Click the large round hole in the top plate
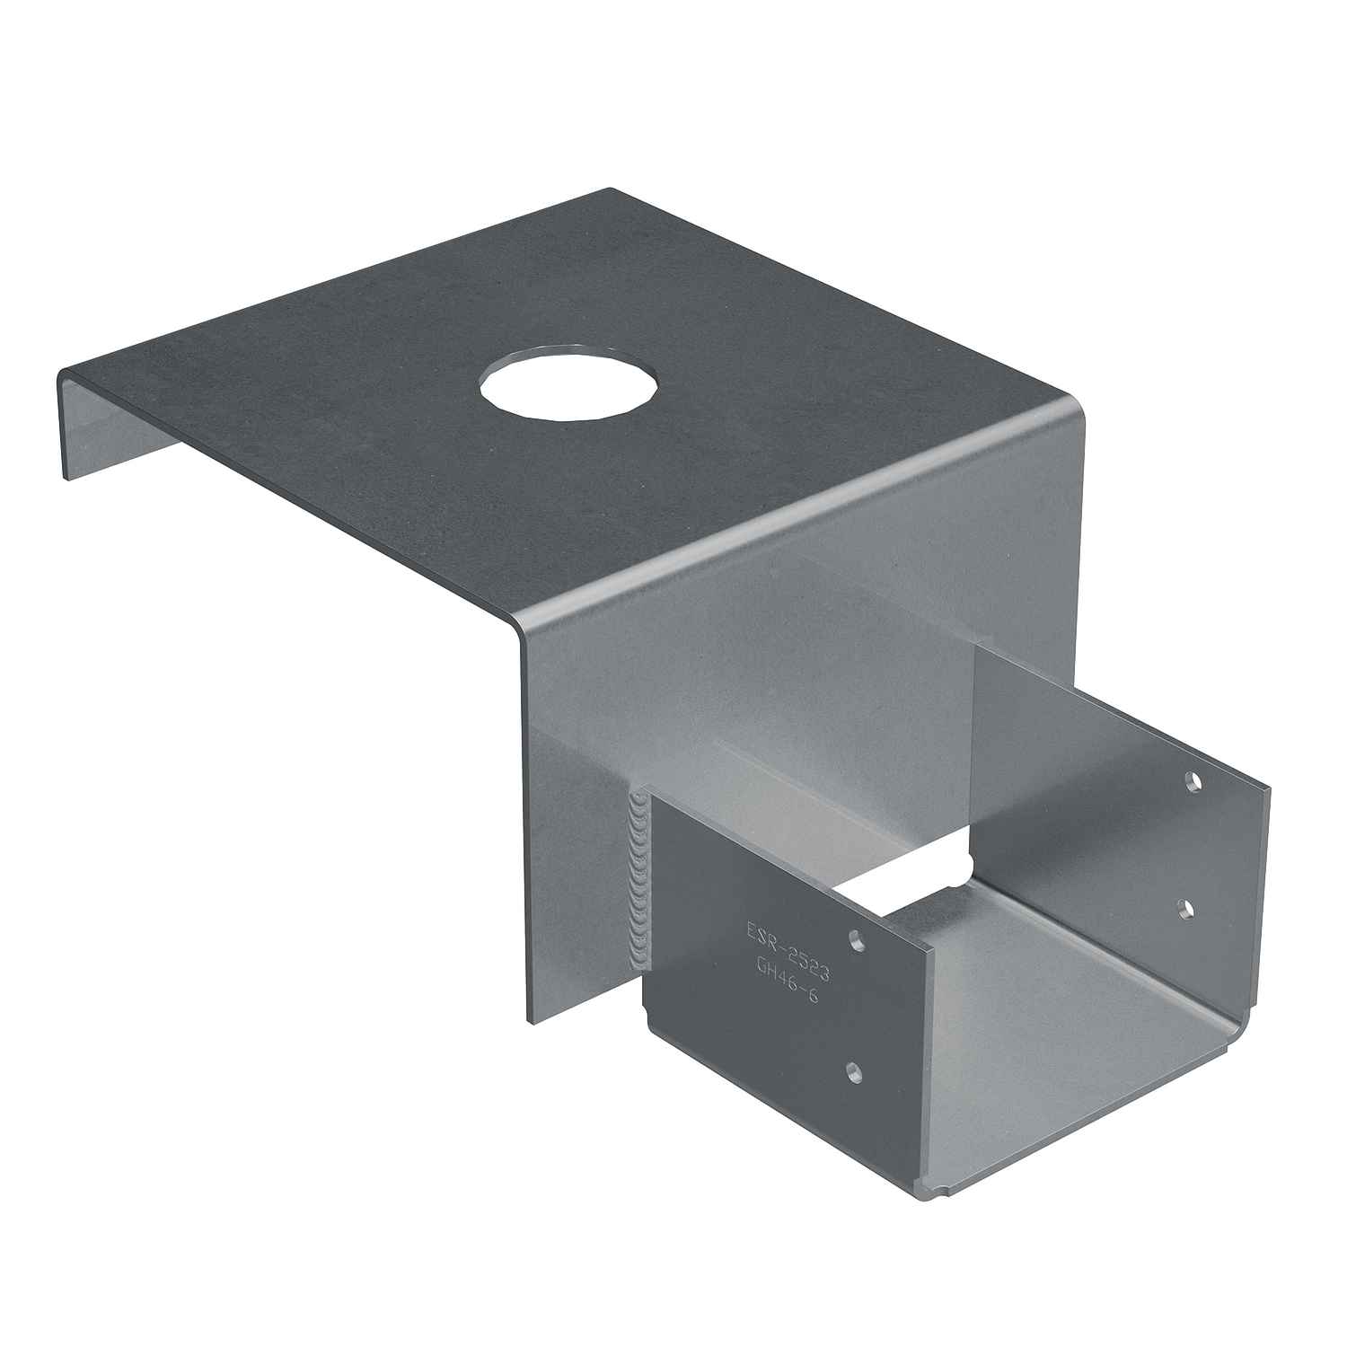pos(568,383)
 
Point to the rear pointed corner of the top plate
pos(609,189)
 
